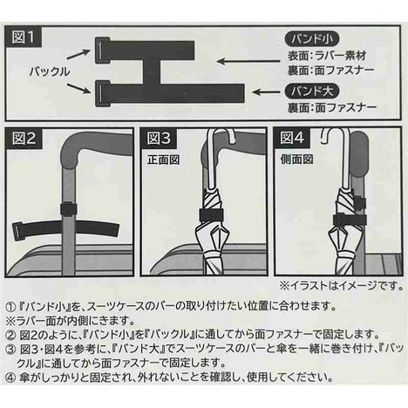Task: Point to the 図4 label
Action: coord(291,138)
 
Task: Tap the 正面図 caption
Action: coord(159,158)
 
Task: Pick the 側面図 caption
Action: coord(293,158)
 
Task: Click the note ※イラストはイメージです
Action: coord(339,285)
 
